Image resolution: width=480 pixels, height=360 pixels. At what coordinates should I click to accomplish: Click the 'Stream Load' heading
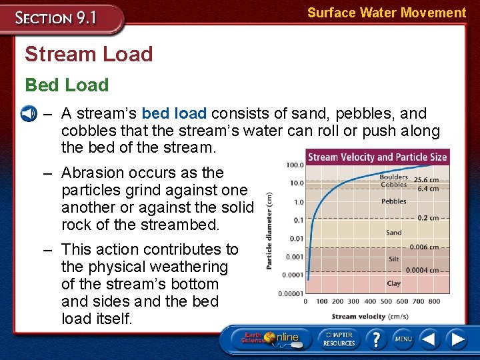coord(89,54)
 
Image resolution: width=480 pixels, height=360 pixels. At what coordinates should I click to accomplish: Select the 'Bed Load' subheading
coord(67,85)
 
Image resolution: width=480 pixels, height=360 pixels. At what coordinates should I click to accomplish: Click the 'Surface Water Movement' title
coord(386,13)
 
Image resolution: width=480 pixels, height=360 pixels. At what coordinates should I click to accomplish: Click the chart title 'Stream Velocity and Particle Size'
coord(377,157)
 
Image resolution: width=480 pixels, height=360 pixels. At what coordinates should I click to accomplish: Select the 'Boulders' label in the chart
coord(393,177)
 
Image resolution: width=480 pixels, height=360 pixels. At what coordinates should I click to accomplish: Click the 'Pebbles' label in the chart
coord(393,201)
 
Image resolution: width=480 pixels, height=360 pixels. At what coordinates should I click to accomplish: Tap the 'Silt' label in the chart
coord(393,259)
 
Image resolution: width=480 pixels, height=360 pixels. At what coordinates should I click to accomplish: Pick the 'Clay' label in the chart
coord(393,283)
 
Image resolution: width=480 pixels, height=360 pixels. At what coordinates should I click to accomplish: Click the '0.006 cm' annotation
coord(424,247)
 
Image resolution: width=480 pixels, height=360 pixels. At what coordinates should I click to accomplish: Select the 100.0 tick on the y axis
coord(295,165)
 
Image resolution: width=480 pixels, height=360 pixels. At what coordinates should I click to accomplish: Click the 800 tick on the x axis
coord(435,301)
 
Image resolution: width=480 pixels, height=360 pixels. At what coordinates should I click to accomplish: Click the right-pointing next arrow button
coord(457,339)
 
